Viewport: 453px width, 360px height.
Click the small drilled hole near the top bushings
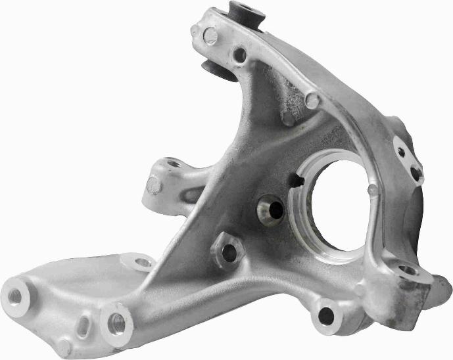pyautogui.click(x=239, y=55)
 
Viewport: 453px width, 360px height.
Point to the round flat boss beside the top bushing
pyautogui.click(x=211, y=37)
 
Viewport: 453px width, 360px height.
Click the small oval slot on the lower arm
pyautogui.click(x=83, y=325)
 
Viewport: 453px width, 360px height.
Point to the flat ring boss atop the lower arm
pyautogui.click(x=143, y=263)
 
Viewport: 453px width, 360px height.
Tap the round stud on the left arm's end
pyautogui.click(x=154, y=186)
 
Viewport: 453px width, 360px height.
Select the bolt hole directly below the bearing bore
pyautogui.click(x=327, y=316)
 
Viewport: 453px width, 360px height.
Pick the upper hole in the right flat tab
pyautogui.click(x=401, y=152)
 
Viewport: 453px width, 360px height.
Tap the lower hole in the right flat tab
pyautogui.click(x=416, y=173)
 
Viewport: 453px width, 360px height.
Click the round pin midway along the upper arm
pyautogui.click(x=312, y=101)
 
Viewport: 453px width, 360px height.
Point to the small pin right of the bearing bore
pyautogui.click(x=373, y=189)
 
